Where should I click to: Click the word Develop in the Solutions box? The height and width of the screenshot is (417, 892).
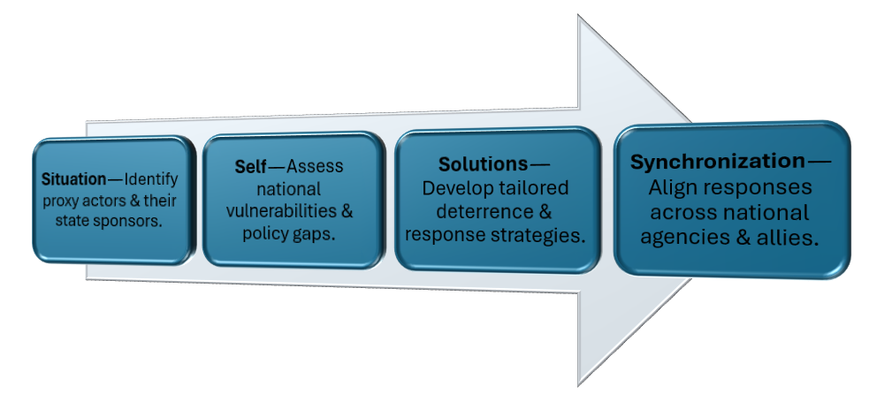point(454,189)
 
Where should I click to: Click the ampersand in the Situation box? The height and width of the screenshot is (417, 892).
point(140,200)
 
